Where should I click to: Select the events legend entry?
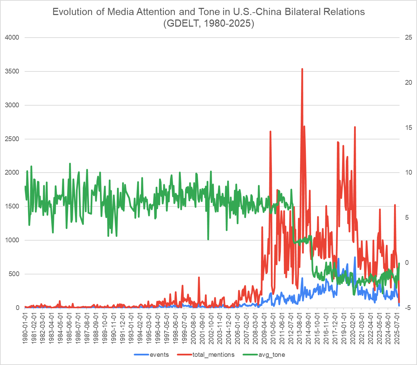pyautogui.click(x=159, y=354)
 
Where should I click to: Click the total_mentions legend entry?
pyautogui.click(x=213, y=354)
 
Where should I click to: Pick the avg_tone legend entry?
pyautogui.click(x=271, y=354)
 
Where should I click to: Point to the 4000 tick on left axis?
pyautogui.click(x=12, y=37)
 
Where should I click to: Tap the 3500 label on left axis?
pyautogui.click(x=12, y=71)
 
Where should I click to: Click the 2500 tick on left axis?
pyautogui.click(x=12, y=139)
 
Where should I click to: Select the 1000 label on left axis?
pyautogui.click(x=12, y=240)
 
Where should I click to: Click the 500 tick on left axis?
pyautogui.click(x=14, y=274)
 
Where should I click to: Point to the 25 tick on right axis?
pyautogui.click(x=408, y=37)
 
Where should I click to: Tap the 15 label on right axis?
pyautogui.click(x=408, y=127)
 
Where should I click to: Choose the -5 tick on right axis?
pyautogui.click(x=407, y=308)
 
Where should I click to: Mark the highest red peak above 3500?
pyautogui.click(x=302, y=69)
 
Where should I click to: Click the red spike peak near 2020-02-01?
pyautogui.click(x=355, y=127)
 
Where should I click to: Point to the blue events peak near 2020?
pyautogui.click(x=355, y=257)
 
